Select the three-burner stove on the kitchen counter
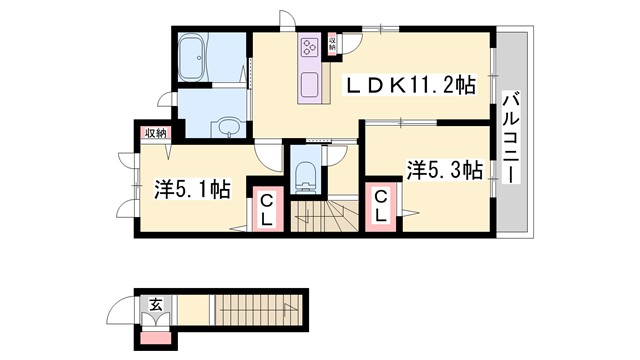(x=309, y=46)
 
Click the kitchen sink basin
(x=310, y=82)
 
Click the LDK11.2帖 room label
(x=411, y=87)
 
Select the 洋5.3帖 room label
(x=445, y=170)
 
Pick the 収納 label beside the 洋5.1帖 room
(x=153, y=132)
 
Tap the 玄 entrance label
(x=156, y=303)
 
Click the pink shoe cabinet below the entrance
(x=156, y=336)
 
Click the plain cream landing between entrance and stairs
(x=192, y=314)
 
